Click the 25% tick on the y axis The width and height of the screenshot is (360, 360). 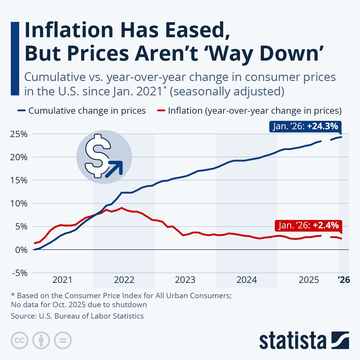(x=19, y=134)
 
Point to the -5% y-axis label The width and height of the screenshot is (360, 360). (x=19, y=273)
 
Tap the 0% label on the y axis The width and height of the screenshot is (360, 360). (x=22, y=250)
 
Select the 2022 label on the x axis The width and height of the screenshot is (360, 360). (x=124, y=280)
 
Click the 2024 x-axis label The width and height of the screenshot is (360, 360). (x=247, y=280)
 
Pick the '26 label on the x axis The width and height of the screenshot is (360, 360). (x=343, y=280)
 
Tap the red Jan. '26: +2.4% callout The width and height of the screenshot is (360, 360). (x=308, y=225)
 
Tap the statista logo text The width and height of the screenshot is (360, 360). (x=292, y=341)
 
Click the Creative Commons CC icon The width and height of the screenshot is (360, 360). (x=19, y=340)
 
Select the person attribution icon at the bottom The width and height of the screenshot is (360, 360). (x=41, y=340)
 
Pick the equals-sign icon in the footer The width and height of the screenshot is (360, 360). (x=63, y=340)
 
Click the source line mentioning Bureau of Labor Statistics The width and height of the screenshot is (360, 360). (x=77, y=316)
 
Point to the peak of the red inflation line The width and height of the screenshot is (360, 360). (x=121, y=208)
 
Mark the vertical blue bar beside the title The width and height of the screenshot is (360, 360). (x=15, y=58)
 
